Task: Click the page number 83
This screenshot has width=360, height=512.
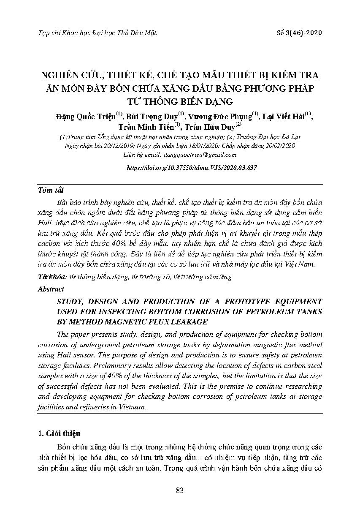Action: click(180, 490)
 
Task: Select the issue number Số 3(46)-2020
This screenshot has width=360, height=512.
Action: click(298, 33)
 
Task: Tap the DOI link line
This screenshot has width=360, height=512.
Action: click(192, 167)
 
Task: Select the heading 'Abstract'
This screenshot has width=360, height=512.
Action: click(51, 289)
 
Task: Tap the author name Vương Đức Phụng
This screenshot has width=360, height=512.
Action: click(220, 117)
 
